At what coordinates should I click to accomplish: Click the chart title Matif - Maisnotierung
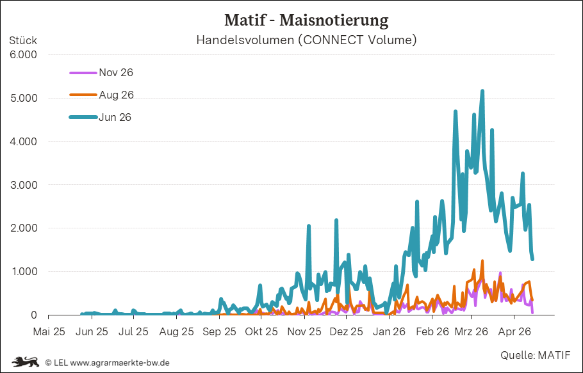click(x=306, y=20)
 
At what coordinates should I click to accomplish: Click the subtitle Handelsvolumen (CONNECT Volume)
click(x=306, y=40)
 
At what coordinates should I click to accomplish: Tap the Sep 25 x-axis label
click(x=219, y=331)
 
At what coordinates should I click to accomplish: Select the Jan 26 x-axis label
click(x=390, y=331)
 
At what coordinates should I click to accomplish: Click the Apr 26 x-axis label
click(x=514, y=331)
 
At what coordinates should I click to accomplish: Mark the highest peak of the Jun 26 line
click(x=482, y=91)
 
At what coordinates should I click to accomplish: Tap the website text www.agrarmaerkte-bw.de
click(x=120, y=362)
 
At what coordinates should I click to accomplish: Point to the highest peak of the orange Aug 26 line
click(x=482, y=261)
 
